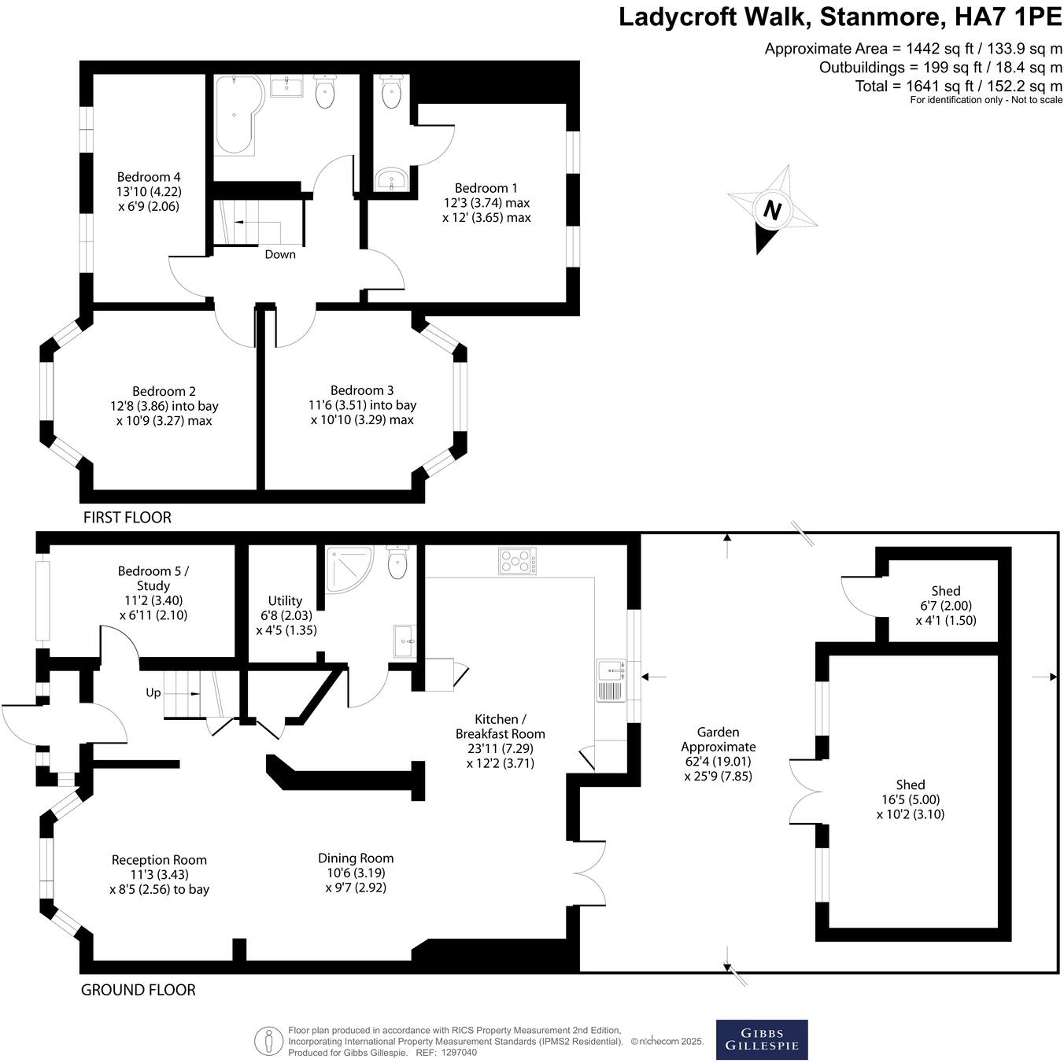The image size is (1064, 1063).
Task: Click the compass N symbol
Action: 773,211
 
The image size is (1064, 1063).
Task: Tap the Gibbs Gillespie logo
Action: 761,1039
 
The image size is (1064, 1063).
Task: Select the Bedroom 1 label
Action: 486,188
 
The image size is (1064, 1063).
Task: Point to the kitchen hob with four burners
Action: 517,561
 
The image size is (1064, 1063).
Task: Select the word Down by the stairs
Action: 280,254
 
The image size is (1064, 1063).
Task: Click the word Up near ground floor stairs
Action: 153,692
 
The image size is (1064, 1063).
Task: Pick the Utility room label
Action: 285,601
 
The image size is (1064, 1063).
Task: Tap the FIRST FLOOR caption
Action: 127,518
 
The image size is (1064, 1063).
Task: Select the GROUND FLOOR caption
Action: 138,990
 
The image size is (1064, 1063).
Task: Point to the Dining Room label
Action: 356,858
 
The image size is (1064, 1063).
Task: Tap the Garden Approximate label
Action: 718,740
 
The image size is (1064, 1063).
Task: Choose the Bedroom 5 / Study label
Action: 153,578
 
